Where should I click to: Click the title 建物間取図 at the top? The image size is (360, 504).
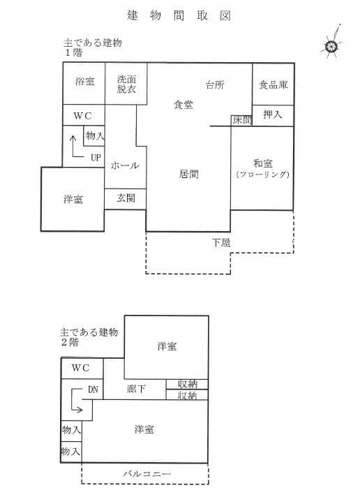coord(179,15)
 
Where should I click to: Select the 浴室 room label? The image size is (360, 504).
coord(84,82)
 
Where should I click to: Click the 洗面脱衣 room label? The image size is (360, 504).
coord(126,84)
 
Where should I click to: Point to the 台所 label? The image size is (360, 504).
coord(215,86)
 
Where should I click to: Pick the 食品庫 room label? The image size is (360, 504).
coord(273,85)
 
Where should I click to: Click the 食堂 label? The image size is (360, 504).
coord(183,105)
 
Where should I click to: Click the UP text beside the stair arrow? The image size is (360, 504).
coord(96,157)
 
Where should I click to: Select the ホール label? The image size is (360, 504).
coord(125,166)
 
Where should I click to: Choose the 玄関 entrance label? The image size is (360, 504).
coord(126,198)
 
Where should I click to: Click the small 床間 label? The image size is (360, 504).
coord(241,120)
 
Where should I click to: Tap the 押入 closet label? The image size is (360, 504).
coord(272,114)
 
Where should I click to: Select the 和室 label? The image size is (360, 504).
coord(262,161)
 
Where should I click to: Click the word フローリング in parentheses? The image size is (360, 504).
coord(262,174)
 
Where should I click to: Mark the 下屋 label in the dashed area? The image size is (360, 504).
coord(221,243)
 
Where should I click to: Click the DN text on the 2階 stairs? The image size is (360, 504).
coord(93,390)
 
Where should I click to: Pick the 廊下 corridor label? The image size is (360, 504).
coord(136,389)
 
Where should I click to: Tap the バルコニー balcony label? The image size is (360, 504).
coord(148,474)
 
